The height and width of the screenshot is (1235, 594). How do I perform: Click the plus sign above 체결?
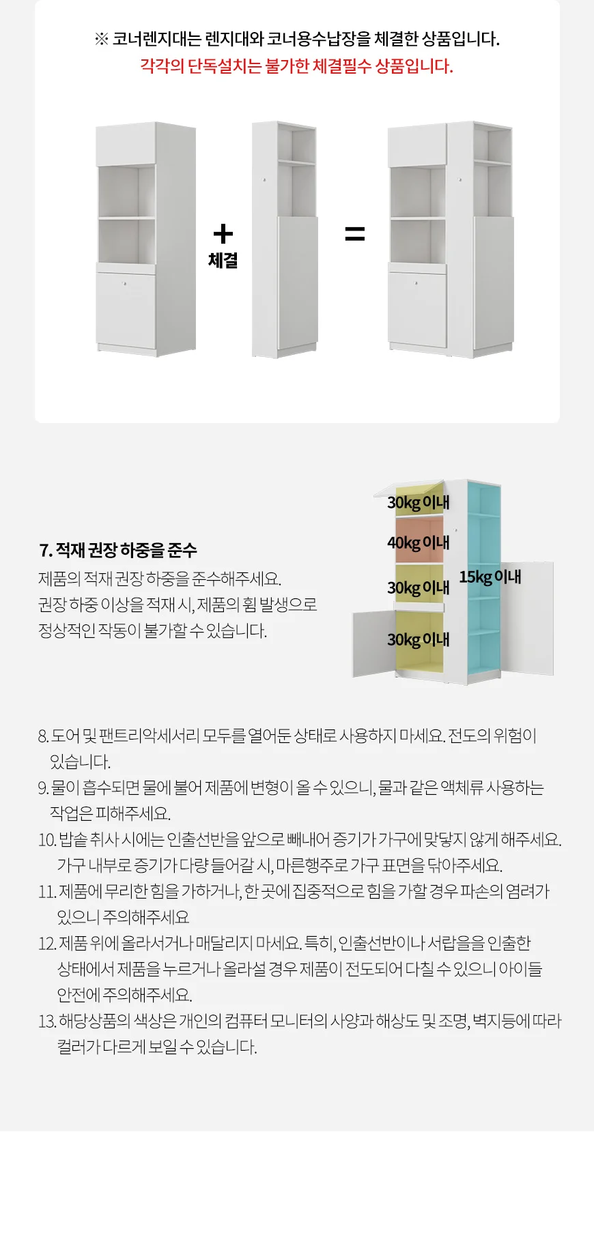coord(223,234)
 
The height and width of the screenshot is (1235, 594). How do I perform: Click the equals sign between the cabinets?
coord(354,234)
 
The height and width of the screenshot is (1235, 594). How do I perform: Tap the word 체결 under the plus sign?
coord(223,261)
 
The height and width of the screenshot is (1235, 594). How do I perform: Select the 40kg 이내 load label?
coord(418,543)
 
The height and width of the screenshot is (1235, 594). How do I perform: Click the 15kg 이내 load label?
coord(490,577)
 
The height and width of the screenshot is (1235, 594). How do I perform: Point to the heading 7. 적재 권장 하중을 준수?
coord(118,550)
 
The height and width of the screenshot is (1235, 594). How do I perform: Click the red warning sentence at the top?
coord(296,66)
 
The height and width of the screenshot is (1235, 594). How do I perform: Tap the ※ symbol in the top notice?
coord(101,39)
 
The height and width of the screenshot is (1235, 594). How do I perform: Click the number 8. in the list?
coord(43,736)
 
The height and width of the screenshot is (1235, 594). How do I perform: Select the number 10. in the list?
coord(46,840)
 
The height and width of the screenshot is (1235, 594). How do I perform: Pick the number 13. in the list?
coord(46,1021)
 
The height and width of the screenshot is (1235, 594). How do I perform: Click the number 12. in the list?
coord(46,944)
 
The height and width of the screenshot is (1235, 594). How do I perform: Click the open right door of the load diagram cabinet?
coord(529,617)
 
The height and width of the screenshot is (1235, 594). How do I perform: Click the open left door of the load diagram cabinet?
coord(373,643)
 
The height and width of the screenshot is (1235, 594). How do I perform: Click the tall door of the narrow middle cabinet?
coord(298,283)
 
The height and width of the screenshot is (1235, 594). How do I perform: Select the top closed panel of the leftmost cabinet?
coord(126,145)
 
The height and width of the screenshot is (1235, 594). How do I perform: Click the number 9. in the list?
coord(43,788)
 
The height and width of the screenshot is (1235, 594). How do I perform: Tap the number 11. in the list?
coord(46,892)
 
